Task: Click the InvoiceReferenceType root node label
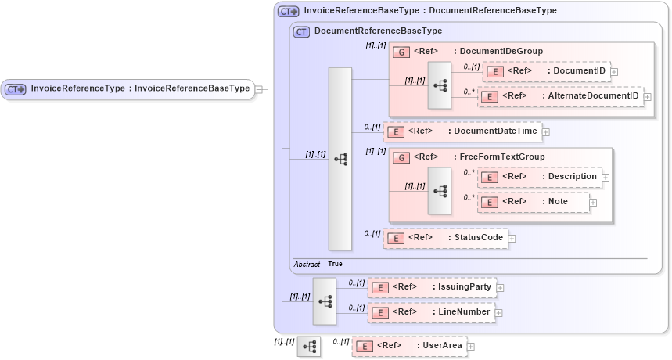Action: [129, 89]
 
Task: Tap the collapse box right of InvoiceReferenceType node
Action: [259, 89]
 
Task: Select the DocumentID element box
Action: [547, 71]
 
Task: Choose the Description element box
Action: [539, 177]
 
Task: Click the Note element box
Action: [534, 202]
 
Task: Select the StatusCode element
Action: [445, 237]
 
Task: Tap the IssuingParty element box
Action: [431, 287]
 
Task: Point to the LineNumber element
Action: [431, 312]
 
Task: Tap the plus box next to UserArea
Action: [471, 346]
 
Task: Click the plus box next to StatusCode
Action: [512, 238]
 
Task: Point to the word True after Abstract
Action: [335, 265]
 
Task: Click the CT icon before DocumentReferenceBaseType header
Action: [301, 31]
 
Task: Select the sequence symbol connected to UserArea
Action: [309, 345]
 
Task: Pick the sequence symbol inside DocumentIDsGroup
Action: [440, 84]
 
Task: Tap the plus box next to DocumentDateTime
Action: [546, 132]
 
